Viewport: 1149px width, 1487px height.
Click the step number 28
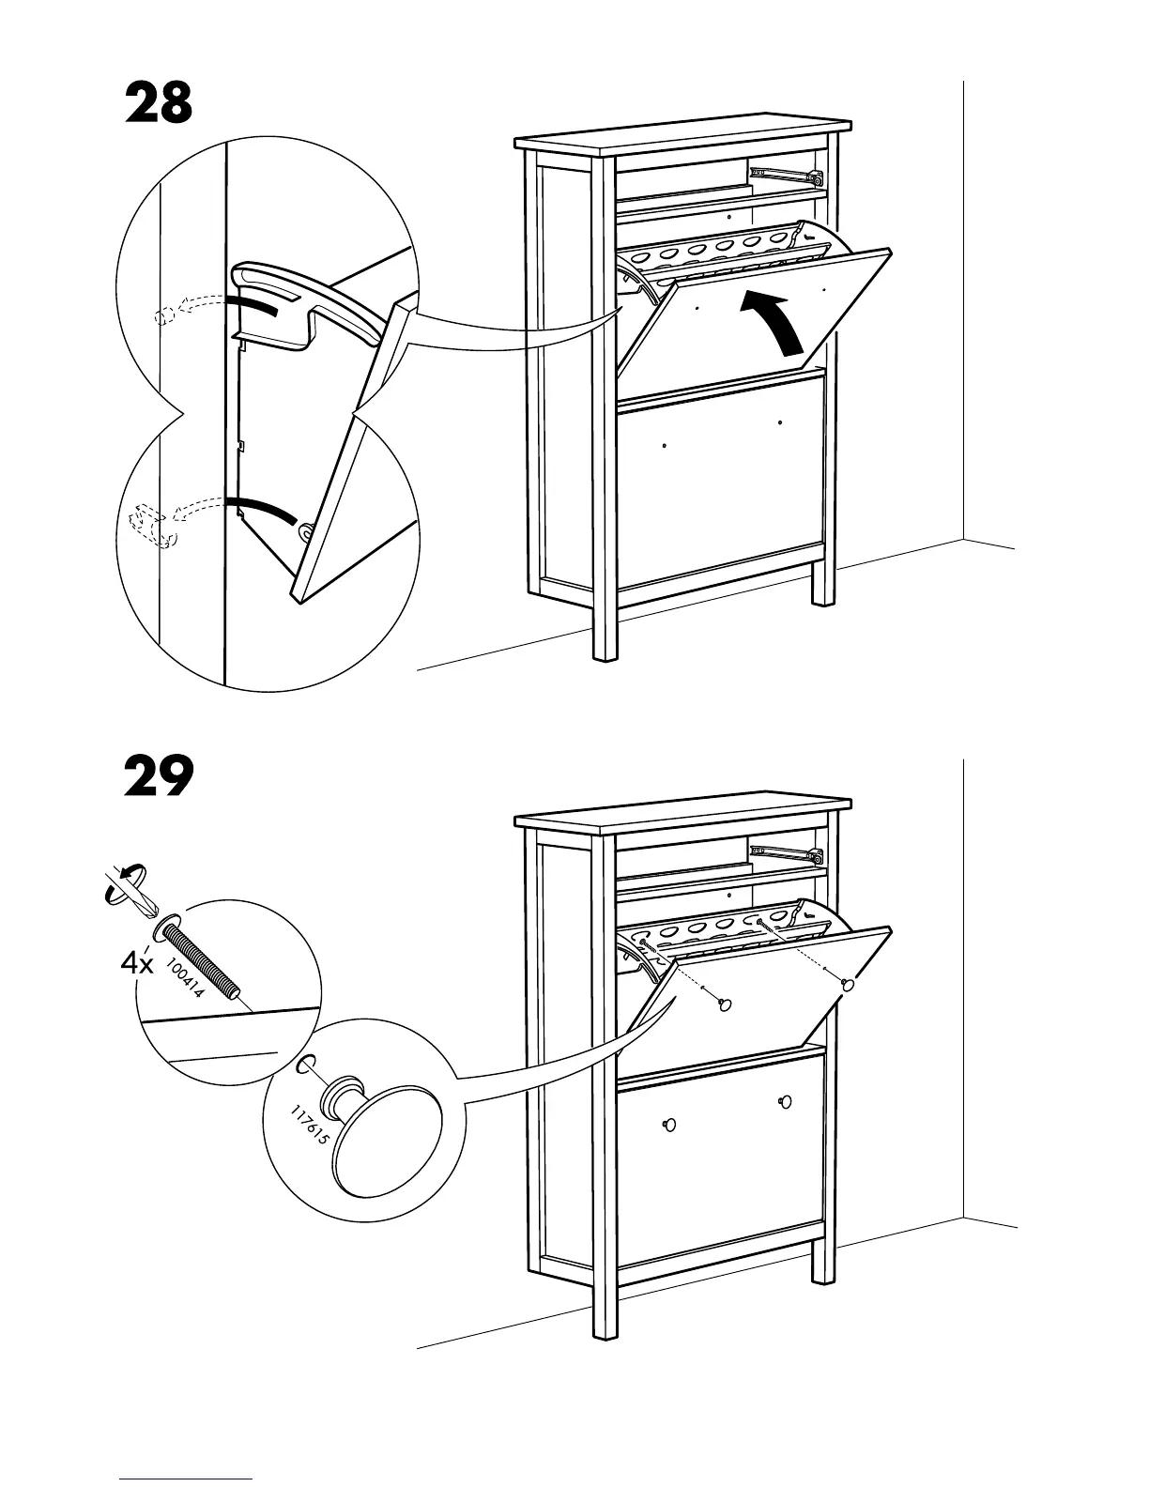[159, 103]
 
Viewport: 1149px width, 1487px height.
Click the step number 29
[159, 777]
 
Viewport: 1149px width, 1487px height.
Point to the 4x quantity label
[138, 963]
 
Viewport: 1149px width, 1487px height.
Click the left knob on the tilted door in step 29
[724, 1005]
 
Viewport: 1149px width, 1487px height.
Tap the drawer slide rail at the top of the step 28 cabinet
[785, 173]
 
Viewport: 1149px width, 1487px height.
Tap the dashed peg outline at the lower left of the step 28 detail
[150, 526]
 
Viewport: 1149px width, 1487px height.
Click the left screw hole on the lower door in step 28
[665, 445]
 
